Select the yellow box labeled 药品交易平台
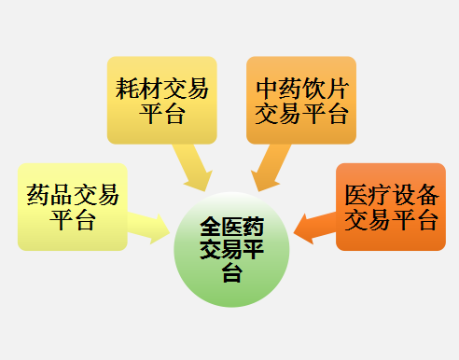(72, 207)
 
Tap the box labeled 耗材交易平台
(161, 100)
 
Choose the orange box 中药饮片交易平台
(301, 100)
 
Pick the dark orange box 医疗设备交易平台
(391, 207)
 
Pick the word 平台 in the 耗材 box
(161, 114)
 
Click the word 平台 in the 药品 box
(72, 221)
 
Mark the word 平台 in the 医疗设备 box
(414, 221)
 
